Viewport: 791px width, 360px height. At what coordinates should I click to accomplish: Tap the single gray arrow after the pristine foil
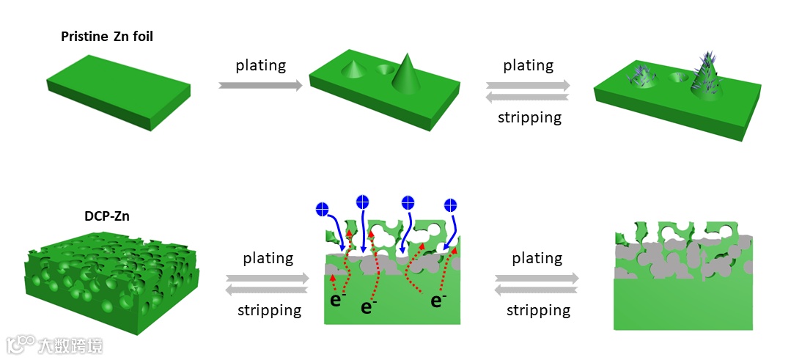[261, 86]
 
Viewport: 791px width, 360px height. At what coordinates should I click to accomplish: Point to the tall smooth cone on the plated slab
[405, 74]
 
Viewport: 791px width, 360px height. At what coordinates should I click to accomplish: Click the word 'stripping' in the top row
[529, 117]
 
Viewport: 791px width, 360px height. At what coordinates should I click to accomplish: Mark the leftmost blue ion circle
[321, 209]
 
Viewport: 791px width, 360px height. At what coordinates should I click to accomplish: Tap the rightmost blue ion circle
[452, 205]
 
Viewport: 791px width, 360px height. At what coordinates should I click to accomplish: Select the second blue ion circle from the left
[361, 201]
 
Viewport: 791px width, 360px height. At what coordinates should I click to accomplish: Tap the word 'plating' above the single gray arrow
[261, 65]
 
